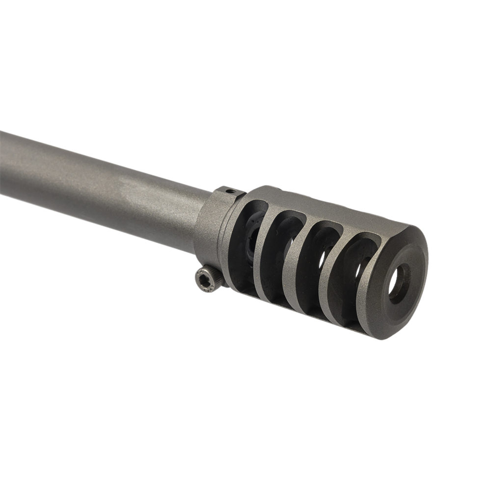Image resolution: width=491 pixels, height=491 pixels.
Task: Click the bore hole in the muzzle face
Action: pos(399,282)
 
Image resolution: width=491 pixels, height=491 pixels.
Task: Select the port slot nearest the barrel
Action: pos(248,241)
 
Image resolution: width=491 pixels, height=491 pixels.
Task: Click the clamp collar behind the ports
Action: pos(211,226)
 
